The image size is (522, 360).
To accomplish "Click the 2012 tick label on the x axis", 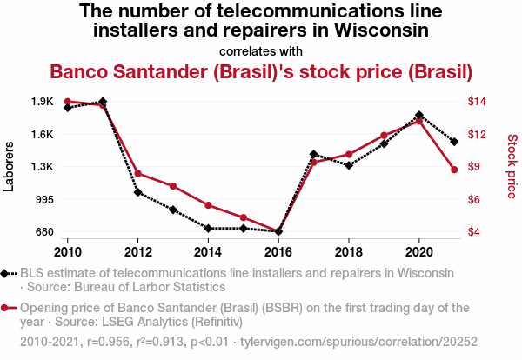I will (137, 251).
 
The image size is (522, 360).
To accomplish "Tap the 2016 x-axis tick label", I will (278, 251).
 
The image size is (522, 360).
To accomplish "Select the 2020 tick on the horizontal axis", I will (419, 251).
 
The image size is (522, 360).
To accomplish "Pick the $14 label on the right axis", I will (477, 102).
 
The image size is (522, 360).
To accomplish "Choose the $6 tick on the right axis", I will (474, 199).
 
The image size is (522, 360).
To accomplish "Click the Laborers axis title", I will (10, 167).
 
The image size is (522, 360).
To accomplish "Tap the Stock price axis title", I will (512, 165).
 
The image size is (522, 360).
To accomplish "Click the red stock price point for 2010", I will (67, 102).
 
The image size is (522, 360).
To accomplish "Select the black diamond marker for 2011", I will (103, 102).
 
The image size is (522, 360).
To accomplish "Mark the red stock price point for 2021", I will (454, 170).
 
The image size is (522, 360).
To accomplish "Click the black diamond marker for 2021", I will (454, 142).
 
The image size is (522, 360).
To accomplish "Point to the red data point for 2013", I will (173, 186).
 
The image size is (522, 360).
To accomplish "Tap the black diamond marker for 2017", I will (313, 154).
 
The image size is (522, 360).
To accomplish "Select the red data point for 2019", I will (384, 136).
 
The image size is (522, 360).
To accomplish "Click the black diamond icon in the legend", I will (7, 273).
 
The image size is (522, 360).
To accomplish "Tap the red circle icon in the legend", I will (7, 308).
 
